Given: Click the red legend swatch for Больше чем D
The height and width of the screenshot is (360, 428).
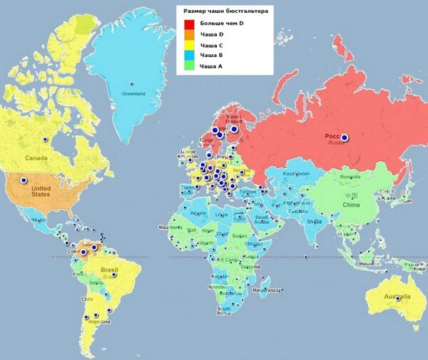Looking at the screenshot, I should pos(189,24).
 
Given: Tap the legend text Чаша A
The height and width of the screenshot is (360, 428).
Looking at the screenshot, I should pos(211,65).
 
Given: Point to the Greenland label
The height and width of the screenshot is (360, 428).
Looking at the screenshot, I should pos(133,93).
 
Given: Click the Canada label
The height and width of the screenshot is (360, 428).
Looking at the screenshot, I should pos(36,157).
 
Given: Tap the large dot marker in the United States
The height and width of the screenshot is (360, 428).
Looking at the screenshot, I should pos(24,180).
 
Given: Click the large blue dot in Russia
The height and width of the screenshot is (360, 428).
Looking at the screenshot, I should pos(345,137).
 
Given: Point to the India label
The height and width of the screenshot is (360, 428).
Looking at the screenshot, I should pos(315,221).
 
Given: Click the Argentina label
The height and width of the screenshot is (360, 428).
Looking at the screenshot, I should pos(92,322).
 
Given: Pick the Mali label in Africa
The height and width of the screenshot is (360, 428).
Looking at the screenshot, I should pos(189,230).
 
